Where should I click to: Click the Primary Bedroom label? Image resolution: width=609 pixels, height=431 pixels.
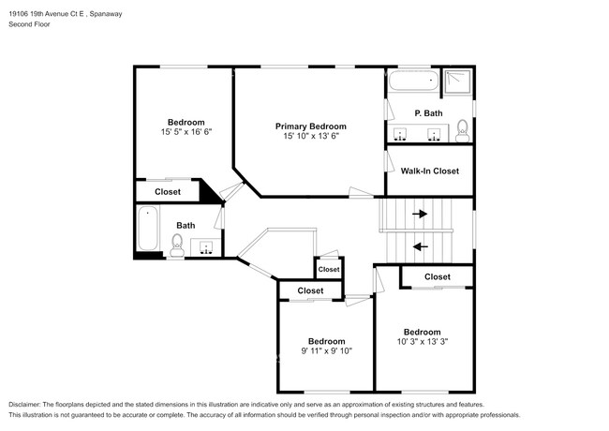310,126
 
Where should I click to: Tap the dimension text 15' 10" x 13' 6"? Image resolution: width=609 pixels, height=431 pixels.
310,137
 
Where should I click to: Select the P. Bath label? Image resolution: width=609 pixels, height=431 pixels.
429,113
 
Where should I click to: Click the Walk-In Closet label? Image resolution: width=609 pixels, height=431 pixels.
430,171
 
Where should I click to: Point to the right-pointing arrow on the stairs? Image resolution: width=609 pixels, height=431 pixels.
420,214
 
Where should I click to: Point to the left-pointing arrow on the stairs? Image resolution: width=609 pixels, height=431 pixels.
420,246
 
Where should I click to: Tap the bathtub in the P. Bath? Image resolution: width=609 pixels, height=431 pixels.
413,82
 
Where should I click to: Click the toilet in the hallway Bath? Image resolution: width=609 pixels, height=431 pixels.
176,245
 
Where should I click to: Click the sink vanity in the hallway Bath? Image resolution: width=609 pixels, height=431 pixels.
207,247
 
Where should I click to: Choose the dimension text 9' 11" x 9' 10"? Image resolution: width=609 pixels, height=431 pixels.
326,351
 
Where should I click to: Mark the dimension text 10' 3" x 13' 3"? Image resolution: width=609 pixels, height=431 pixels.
422,342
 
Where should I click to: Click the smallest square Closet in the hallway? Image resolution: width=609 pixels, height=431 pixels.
329,270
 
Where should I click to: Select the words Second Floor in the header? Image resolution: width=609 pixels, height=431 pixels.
30,24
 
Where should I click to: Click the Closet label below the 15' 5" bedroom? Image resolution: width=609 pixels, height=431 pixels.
168,192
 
